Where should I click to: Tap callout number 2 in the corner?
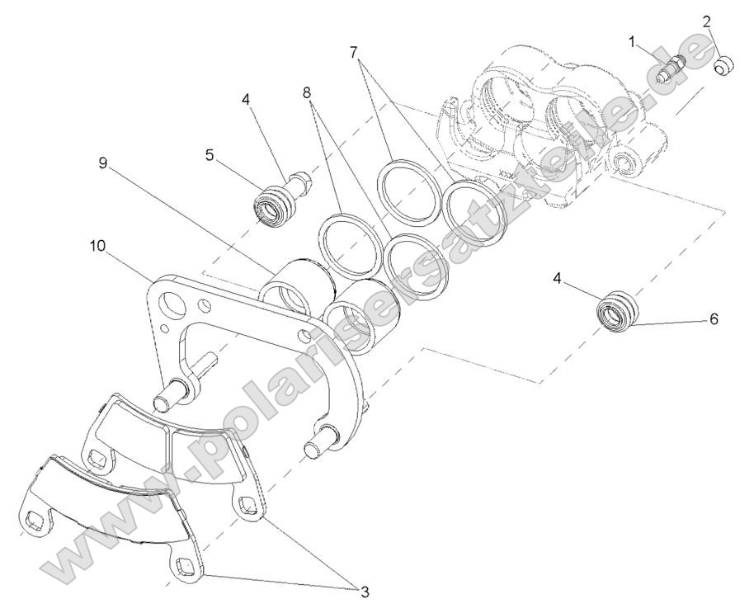point(707,22)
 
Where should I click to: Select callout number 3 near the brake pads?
point(364,591)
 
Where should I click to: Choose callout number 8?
point(308,94)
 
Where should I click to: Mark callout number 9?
point(103,163)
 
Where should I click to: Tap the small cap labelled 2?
point(725,64)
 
